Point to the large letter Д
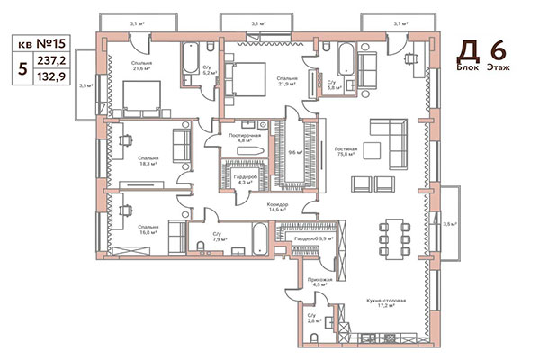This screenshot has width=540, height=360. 468,50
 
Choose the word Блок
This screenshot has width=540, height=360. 468,67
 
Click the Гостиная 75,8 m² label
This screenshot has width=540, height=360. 344,151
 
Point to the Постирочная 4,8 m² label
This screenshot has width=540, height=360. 243,137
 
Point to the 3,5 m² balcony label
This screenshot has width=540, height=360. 85,86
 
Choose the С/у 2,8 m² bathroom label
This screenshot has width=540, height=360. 314,319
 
